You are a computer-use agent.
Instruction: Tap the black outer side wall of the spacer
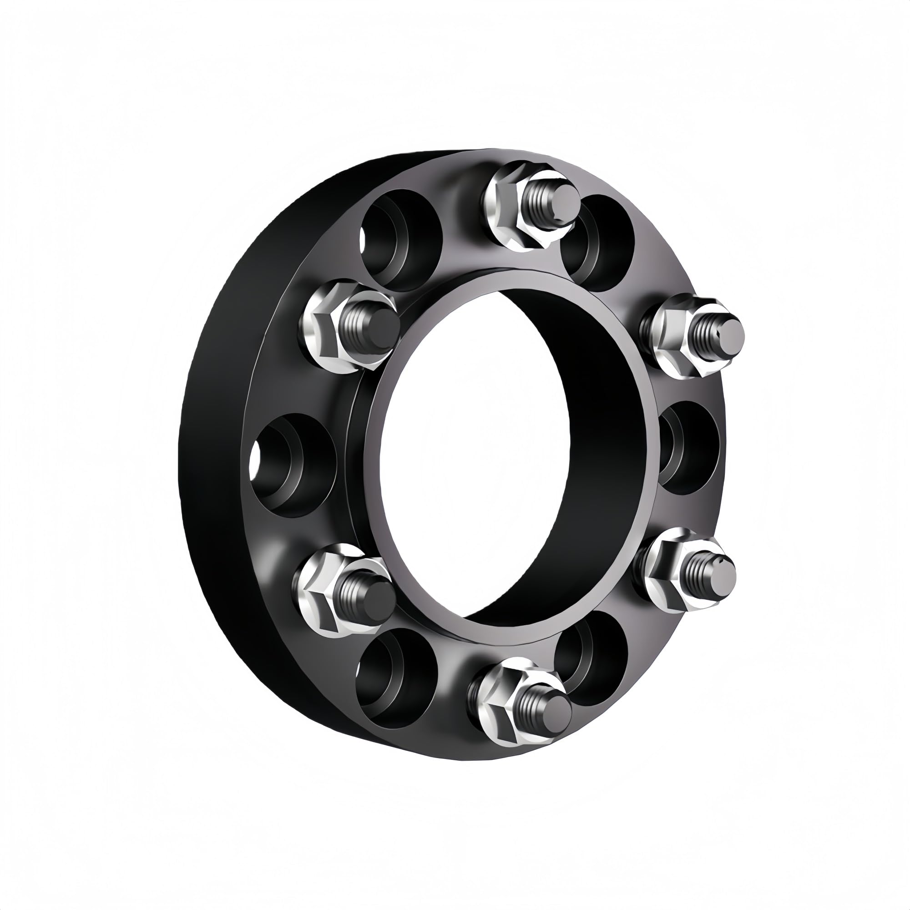(212, 471)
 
